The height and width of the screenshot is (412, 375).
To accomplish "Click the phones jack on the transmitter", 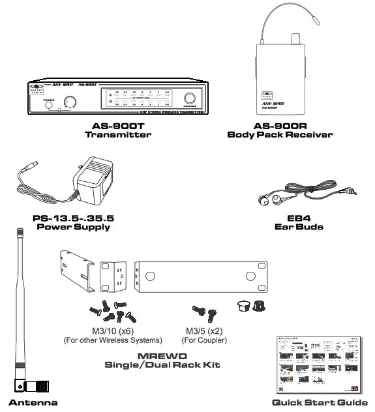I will coord(48,104).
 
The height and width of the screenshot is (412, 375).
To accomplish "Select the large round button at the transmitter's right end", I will coord(190,98).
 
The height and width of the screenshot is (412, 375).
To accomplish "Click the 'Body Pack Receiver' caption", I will coord(280,135).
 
